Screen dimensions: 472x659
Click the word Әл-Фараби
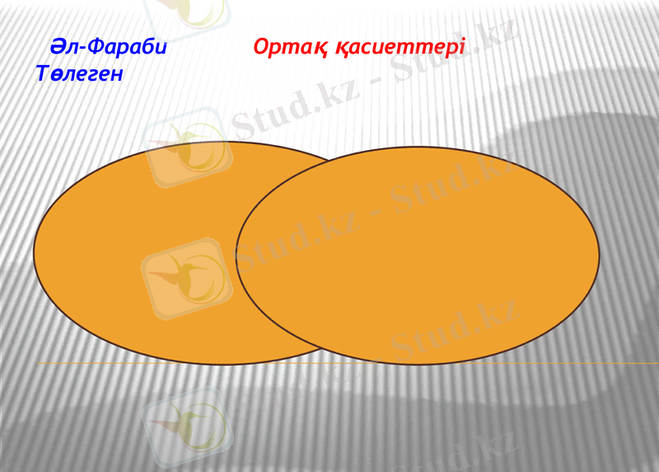coord(108,47)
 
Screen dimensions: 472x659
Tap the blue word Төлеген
coord(80,74)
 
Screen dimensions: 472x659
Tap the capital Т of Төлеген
coord(44,74)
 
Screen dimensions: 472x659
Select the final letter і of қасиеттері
coord(462,47)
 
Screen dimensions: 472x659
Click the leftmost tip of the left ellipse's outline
coord(34,252)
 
